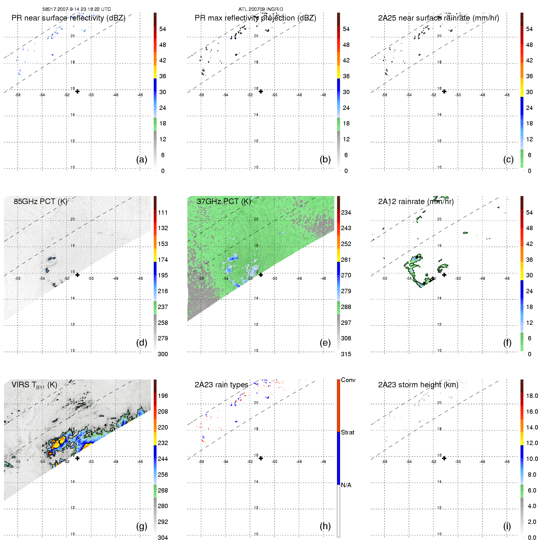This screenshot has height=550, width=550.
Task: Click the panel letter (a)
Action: [142, 160]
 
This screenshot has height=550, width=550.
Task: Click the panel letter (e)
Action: [325, 343]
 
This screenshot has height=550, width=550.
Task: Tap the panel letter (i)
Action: [507, 526]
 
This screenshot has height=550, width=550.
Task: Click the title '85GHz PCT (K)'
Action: [40, 202]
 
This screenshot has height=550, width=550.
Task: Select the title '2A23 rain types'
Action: [221, 385]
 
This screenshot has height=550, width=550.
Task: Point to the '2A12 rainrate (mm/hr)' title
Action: [416, 202]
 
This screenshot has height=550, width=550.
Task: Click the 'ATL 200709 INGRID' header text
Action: [261, 9]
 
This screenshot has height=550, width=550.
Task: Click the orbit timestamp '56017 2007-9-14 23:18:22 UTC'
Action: [77, 9]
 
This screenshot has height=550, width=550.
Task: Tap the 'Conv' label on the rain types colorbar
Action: [348, 380]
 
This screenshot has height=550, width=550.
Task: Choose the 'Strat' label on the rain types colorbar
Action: [348, 433]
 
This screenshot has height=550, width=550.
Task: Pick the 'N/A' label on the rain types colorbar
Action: [346, 485]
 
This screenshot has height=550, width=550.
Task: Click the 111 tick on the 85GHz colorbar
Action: [163, 213]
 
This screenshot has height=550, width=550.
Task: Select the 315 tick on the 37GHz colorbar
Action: [346, 354]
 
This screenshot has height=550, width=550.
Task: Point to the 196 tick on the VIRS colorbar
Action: [163, 396]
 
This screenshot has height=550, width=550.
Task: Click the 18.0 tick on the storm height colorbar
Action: [532, 396]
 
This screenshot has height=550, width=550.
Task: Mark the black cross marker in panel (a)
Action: [77, 92]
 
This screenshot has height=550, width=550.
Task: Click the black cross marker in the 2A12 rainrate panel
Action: [444, 275]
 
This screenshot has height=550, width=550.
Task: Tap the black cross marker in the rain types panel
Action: [261, 458]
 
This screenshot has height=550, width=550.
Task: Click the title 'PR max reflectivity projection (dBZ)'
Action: [255, 18]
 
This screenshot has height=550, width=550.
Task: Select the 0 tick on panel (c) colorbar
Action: [530, 171]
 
